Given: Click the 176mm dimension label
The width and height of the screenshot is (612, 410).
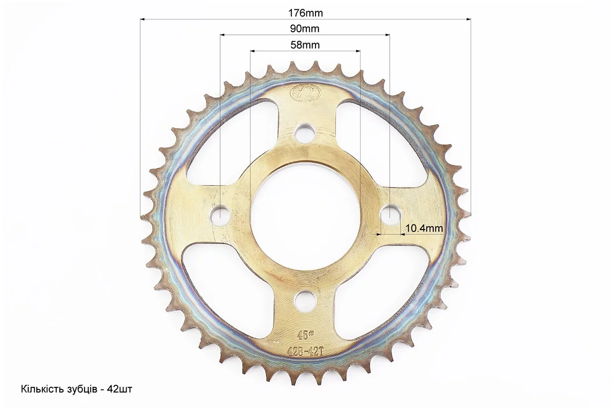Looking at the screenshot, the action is pyautogui.click(x=305, y=13).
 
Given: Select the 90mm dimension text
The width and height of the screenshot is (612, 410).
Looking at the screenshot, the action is pyautogui.click(x=305, y=29).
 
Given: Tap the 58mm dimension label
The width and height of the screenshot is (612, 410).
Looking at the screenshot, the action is pyautogui.click(x=305, y=45).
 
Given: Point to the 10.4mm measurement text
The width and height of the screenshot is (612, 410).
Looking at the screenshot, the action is pyautogui.click(x=424, y=228).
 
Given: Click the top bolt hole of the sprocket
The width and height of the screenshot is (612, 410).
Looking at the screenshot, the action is pyautogui.click(x=306, y=132).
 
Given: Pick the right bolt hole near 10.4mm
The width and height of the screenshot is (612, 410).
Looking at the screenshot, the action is pyautogui.click(x=390, y=214).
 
